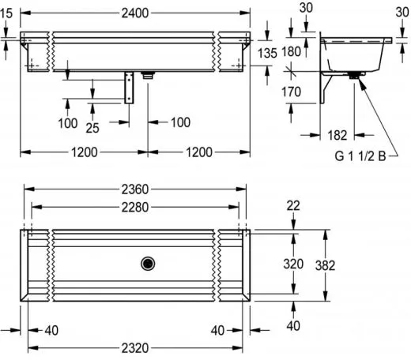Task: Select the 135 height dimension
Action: (x=268, y=53)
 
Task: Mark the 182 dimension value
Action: (x=337, y=135)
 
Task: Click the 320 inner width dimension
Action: (x=293, y=263)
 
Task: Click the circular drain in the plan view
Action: (x=146, y=264)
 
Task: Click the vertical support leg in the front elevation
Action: (x=130, y=87)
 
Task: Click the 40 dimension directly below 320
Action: (x=293, y=325)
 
